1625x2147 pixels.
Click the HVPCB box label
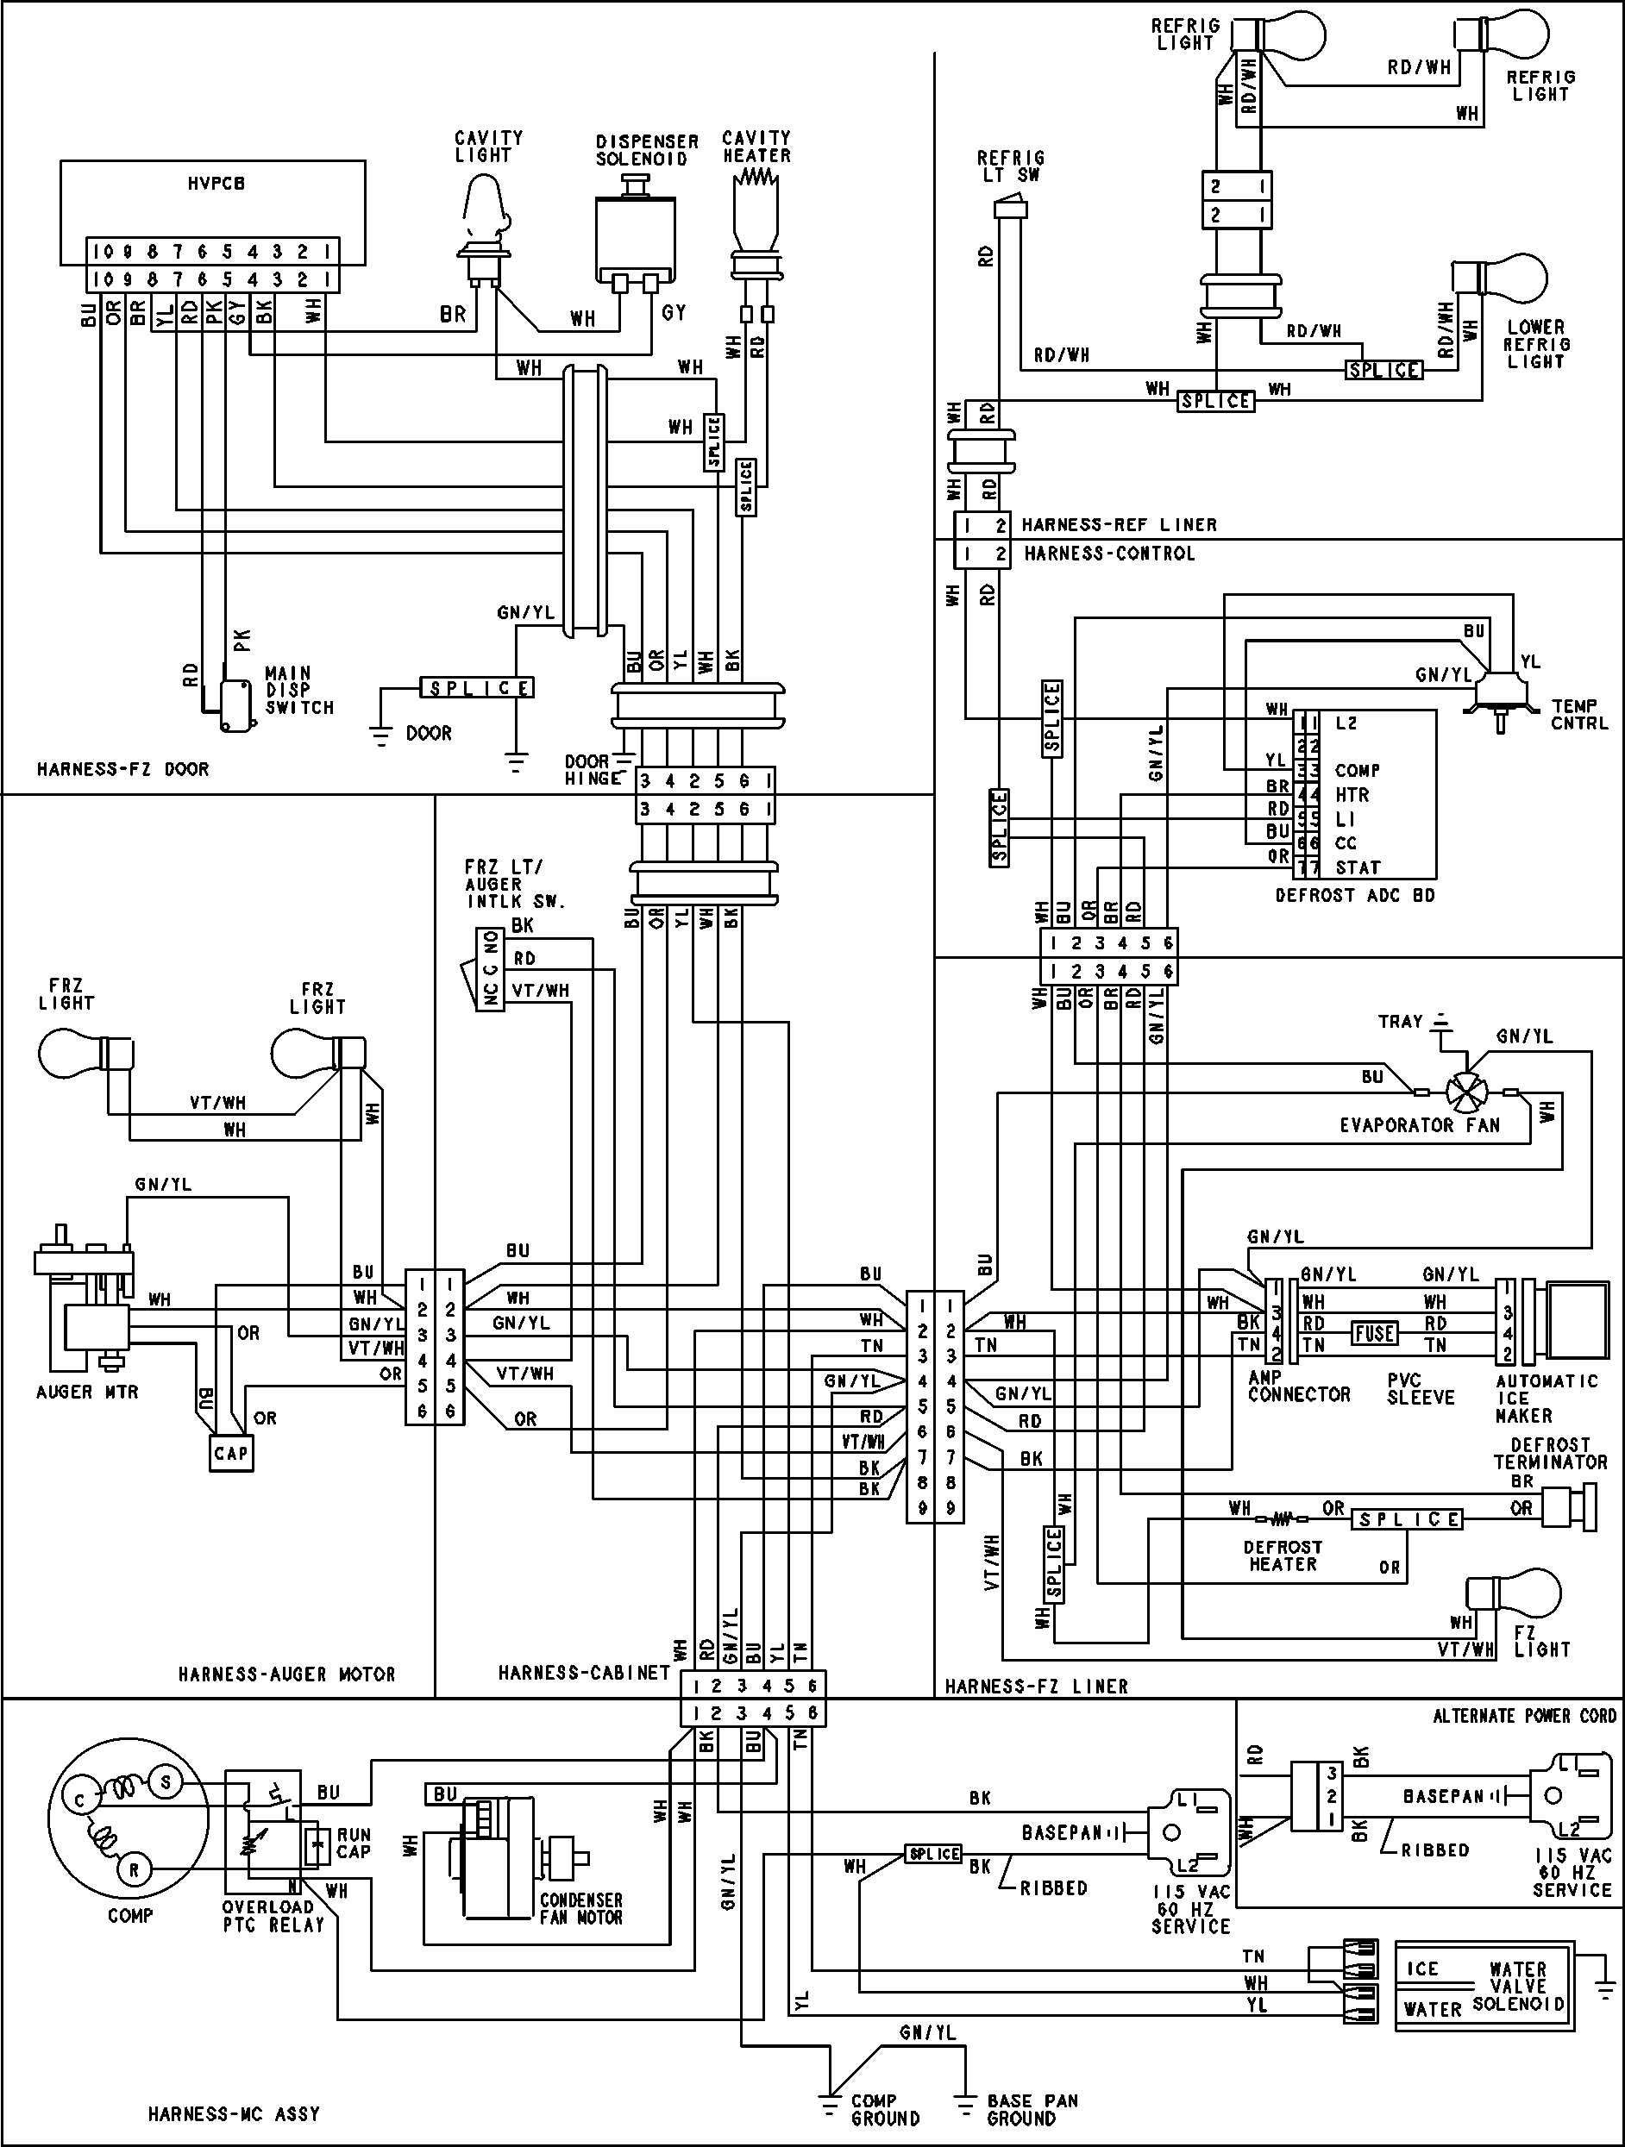click(x=216, y=183)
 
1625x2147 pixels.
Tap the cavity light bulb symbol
click(x=483, y=209)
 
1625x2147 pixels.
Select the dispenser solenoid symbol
click(x=636, y=233)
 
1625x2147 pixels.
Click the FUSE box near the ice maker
click(x=1375, y=1333)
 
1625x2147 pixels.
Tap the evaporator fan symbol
click(x=1467, y=1092)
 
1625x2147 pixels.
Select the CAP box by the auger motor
click(x=231, y=1453)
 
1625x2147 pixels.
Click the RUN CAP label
click(x=354, y=1843)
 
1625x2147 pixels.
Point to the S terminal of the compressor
click(x=164, y=1782)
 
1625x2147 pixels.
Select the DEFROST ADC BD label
click(x=1354, y=895)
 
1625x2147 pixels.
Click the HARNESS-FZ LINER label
click(x=1036, y=1686)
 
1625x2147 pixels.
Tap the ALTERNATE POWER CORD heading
click(x=1524, y=1715)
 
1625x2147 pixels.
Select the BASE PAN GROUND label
click(x=1032, y=2109)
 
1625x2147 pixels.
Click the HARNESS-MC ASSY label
click(x=233, y=2113)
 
